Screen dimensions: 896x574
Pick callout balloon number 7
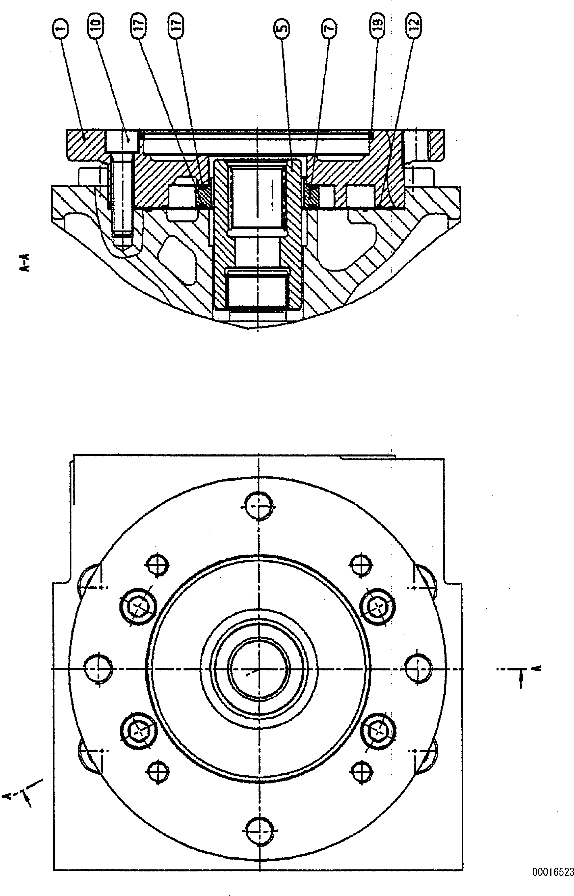[x=328, y=28]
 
